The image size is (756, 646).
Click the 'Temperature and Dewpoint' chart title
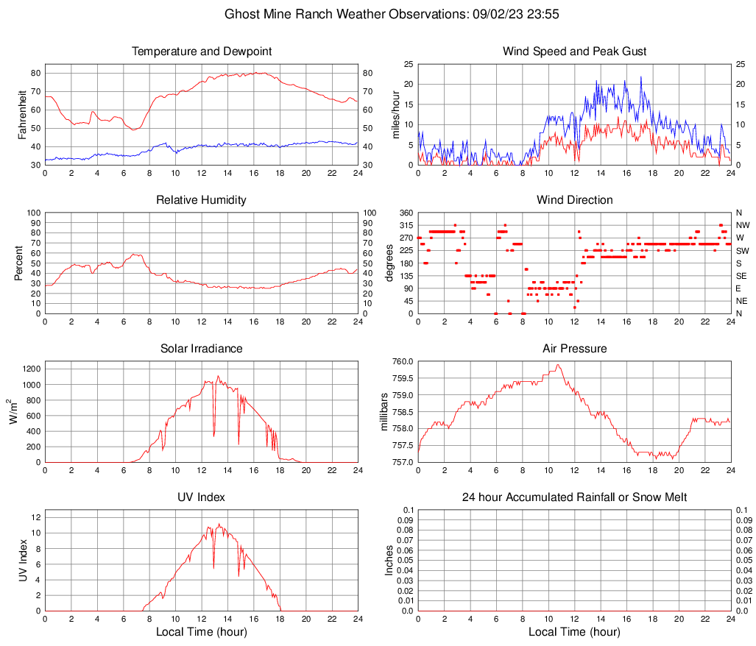[201, 52]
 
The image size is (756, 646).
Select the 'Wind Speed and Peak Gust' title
[574, 52]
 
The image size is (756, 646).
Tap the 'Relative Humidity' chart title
[201, 200]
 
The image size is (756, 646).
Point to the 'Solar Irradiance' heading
[201, 349]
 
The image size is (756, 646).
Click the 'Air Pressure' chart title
[574, 349]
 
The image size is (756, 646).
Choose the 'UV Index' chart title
[201, 497]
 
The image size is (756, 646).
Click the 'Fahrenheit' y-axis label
[22, 115]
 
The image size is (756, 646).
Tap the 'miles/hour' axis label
[395, 115]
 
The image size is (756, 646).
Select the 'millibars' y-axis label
[384, 412]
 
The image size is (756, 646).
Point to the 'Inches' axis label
[389, 561]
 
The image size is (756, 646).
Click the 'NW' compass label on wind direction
[743, 225]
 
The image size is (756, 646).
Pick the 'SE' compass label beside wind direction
[741, 276]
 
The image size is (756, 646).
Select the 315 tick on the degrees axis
[404, 225]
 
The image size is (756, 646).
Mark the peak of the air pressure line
[558, 364]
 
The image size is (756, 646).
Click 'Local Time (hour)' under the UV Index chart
[201, 632]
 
